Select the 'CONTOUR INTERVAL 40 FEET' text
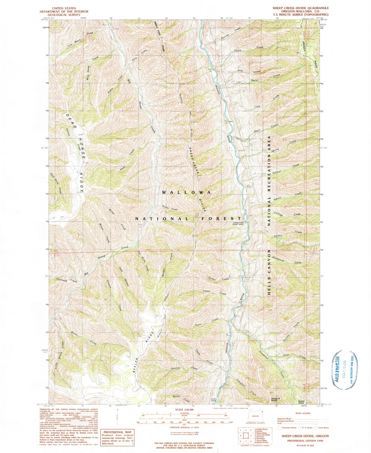coord(184,428)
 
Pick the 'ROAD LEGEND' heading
coord(303,413)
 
